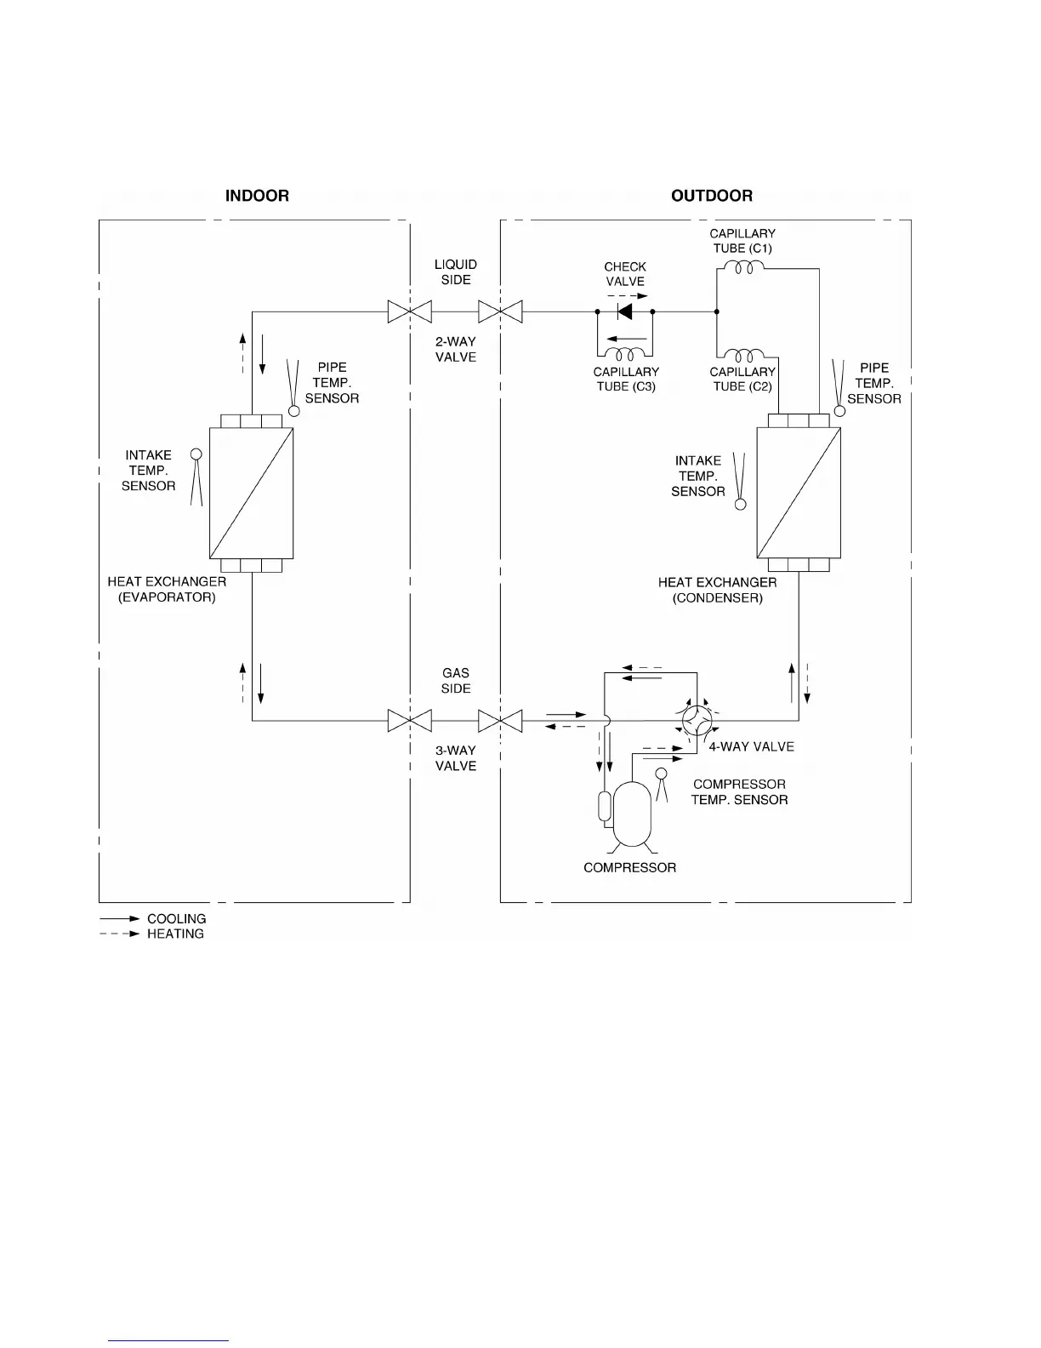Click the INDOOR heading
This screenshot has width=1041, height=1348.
pyautogui.click(x=257, y=196)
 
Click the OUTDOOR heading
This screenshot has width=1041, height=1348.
pyautogui.click(x=712, y=196)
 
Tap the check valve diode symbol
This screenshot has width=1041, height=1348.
pyautogui.click(x=625, y=312)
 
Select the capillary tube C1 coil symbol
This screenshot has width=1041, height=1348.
pyautogui.click(x=741, y=268)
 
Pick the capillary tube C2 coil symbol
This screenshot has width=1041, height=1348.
pyautogui.click(x=742, y=354)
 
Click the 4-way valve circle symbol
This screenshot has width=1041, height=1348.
pyautogui.click(x=697, y=721)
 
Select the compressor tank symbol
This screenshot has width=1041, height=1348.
pyautogui.click(x=632, y=814)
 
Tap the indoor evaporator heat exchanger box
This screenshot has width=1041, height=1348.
pyautogui.click(x=251, y=493)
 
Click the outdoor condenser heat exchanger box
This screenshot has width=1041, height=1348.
pyautogui.click(x=799, y=493)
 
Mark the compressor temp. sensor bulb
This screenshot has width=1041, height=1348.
pyautogui.click(x=661, y=773)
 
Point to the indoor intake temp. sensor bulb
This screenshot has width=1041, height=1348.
pyautogui.click(x=196, y=455)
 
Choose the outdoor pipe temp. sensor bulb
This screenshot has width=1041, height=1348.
pyautogui.click(x=839, y=411)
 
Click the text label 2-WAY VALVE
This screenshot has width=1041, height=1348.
pyautogui.click(x=456, y=349)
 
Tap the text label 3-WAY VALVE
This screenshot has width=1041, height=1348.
pyautogui.click(x=456, y=758)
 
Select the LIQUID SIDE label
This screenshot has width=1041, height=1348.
pyautogui.click(x=456, y=271)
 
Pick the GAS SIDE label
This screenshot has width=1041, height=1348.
pyautogui.click(x=456, y=681)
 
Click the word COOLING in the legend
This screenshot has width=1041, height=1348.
pyautogui.click(x=177, y=919)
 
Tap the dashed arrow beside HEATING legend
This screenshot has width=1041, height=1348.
pyautogui.click(x=119, y=934)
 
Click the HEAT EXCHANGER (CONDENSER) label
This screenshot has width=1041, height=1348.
pyautogui.click(x=717, y=590)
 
